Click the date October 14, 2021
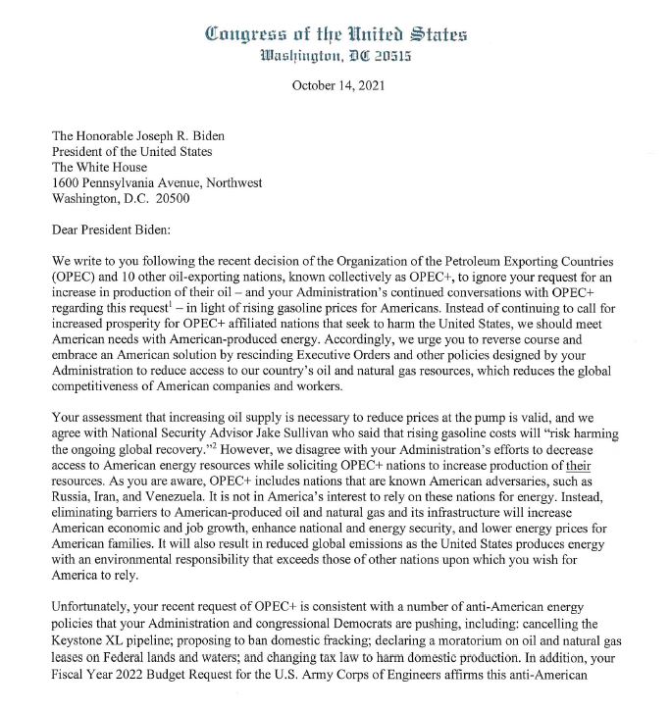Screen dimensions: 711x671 click(337, 85)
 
